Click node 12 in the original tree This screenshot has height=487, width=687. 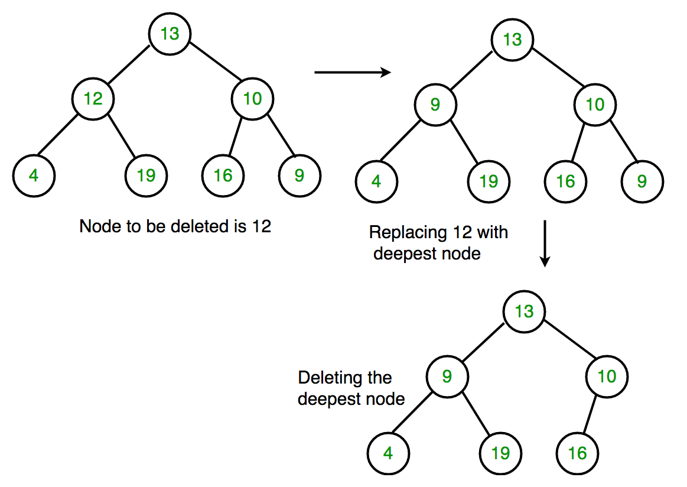point(93,99)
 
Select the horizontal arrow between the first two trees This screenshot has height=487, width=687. point(353,73)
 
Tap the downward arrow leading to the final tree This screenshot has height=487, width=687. point(545,243)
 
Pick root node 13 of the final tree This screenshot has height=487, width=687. point(524,311)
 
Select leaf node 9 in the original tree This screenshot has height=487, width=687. point(299,176)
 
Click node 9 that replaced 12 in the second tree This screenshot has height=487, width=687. point(435,105)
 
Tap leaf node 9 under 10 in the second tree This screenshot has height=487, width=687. point(642,181)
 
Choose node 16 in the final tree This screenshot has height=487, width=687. point(577,453)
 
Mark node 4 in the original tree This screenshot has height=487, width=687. point(34,176)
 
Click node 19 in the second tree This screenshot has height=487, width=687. point(489,181)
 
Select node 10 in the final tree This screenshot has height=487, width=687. point(607,376)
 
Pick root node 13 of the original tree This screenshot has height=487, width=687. point(170,34)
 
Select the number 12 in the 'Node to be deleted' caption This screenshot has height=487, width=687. point(261,226)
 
